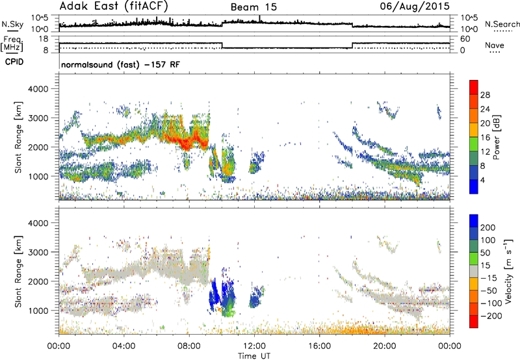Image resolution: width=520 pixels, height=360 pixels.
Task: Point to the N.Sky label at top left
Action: pyautogui.click(x=11, y=23)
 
